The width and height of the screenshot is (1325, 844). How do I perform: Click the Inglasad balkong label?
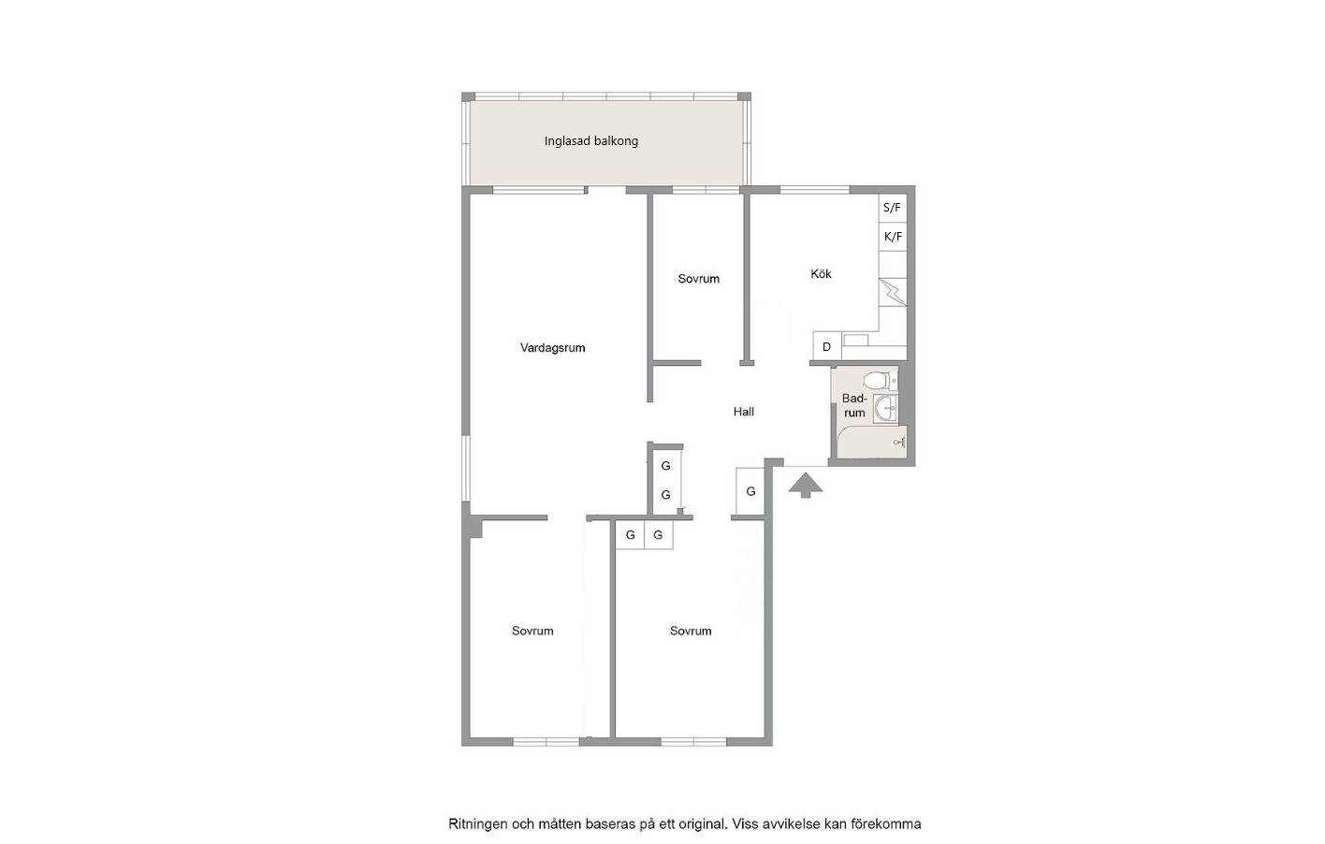pos(591,141)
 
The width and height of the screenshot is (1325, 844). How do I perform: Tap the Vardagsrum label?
pos(552,348)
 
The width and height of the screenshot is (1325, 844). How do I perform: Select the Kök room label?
pos(821,274)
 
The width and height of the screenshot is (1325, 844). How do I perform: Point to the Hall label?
pos(744,412)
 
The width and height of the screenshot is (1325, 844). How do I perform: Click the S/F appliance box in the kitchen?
pos(892,208)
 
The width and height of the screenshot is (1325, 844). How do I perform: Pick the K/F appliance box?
pos(892,237)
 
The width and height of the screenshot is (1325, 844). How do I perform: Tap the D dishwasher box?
pos(827,346)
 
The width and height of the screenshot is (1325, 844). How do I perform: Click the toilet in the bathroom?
pos(881,380)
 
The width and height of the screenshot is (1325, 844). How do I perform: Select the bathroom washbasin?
pos(885,409)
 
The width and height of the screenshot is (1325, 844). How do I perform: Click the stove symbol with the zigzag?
pos(893,292)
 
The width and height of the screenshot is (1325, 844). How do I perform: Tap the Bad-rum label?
pos(854,406)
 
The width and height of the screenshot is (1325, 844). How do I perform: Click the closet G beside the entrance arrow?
pos(750,491)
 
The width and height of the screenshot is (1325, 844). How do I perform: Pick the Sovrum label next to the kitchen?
pos(699,279)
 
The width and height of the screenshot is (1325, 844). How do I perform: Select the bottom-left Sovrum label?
pos(532,631)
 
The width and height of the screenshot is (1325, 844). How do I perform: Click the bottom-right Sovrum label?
pos(691,631)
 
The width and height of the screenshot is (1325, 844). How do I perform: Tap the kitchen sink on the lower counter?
pos(856,340)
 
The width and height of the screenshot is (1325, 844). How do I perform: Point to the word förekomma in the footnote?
pos(886,823)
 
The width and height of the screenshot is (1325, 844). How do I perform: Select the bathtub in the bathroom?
pos(872,442)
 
